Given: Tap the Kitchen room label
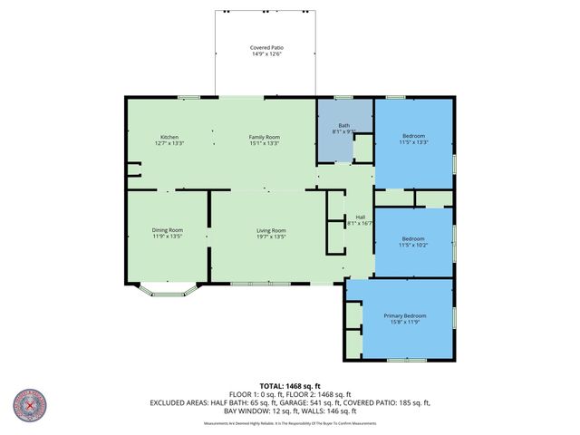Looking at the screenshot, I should coord(169,137).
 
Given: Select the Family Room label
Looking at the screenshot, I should coord(265,137).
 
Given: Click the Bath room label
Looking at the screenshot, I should coord(344,126).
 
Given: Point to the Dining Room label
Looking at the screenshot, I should coord(168,230).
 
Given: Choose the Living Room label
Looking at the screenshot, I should coord(271,230).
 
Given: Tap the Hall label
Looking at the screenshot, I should coord(360,217).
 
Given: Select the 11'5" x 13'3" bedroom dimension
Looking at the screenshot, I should coord(413,142).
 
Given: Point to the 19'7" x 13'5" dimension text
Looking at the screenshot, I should coord(271,237).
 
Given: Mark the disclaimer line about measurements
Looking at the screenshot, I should coord(290,423).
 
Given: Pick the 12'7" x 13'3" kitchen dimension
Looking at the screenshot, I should coord(169,143).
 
